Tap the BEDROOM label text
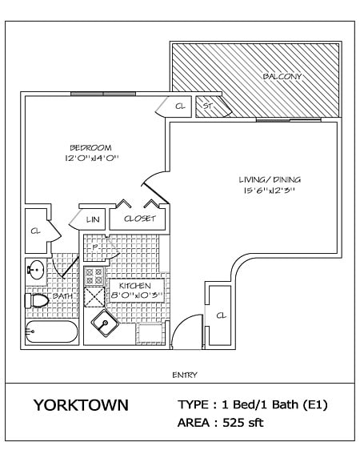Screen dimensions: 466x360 click(90, 147)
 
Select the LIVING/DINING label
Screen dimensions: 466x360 click(270, 179)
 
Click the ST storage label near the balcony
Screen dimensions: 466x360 click(206, 106)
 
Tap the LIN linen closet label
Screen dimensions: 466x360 click(92, 218)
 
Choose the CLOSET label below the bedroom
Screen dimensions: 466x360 click(139, 218)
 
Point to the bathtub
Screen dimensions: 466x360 click(51, 331)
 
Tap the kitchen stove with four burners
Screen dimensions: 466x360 click(94, 276)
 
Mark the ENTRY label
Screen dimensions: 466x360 click(185, 374)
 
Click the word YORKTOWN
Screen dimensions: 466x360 click(80, 405)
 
